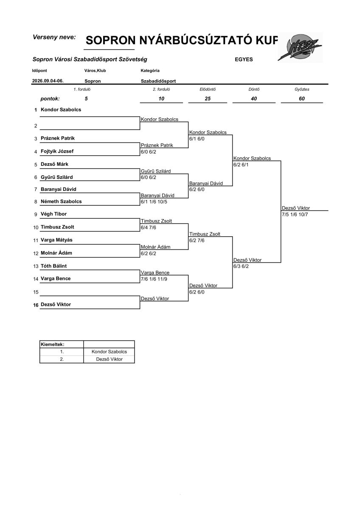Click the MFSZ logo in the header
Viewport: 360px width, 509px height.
click(x=300, y=47)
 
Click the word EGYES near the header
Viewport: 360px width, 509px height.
click(x=244, y=59)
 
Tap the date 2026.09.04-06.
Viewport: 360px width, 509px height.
click(x=48, y=81)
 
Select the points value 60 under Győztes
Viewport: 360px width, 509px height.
click(x=302, y=98)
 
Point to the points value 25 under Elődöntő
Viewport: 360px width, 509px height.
click(x=208, y=98)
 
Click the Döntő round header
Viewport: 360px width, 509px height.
click(x=254, y=89)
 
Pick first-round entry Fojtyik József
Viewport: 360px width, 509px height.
click(x=57, y=151)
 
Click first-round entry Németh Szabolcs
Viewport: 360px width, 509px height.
click(x=61, y=201)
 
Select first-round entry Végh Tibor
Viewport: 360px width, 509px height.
click(x=53, y=214)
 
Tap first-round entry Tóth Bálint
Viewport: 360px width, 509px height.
click(x=53, y=266)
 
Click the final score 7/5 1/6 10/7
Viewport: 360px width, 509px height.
click(x=295, y=215)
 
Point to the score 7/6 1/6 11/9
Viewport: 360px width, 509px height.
click(x=154, y=279)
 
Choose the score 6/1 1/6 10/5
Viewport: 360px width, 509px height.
click(x=154, y=202)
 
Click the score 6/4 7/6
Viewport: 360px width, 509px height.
click(x=149, y=227)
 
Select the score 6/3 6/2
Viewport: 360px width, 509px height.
click(x=241, y=266)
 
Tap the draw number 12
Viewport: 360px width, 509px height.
click(x=36, y=253)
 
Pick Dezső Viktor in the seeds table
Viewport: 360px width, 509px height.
click(x=110, y=359)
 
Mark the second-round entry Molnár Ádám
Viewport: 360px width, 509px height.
click(x=155, y=247)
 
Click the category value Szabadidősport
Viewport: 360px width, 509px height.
click(x=158, y=81)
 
